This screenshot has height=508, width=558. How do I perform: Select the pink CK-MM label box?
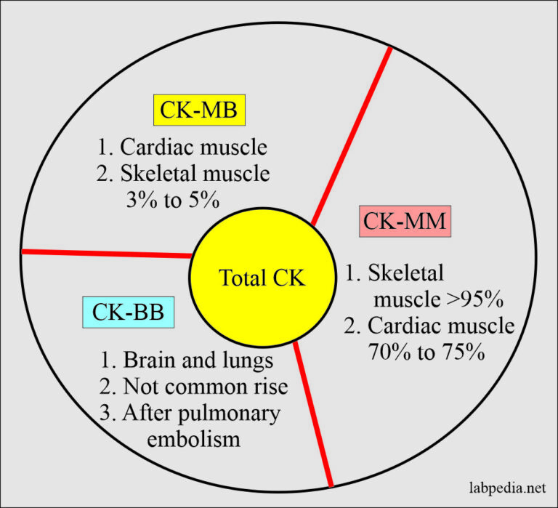pyautogui.click(x=405, y=221)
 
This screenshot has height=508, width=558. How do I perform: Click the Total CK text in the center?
pyautogui.click(x=263, y=277)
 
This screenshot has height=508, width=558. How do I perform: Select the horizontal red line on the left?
pyautogui.click(x=106, y=254)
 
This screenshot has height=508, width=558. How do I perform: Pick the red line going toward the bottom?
pyautogui.click(x=312, y=414)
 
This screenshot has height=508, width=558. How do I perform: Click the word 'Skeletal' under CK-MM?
pyautogui.click(x=405, y=273)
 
